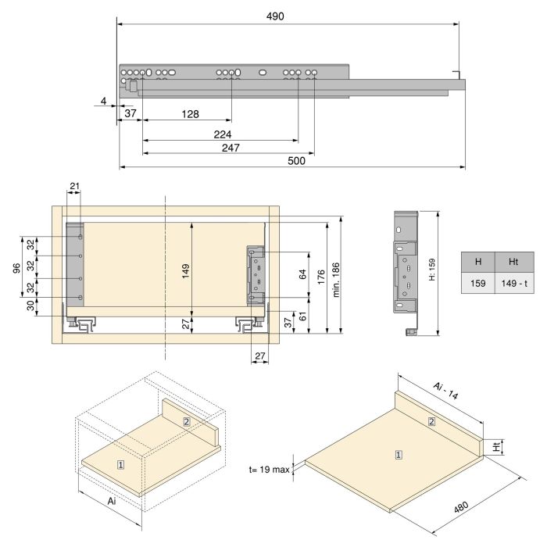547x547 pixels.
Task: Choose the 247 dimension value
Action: coord(230,148)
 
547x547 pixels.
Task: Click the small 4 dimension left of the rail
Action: coord(103,101)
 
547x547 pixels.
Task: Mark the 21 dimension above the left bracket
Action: coord(74,185)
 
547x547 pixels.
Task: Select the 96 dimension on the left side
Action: coord(16,267)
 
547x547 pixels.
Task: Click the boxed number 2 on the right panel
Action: coord(431,422)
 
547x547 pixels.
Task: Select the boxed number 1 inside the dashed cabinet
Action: coord(120,464)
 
